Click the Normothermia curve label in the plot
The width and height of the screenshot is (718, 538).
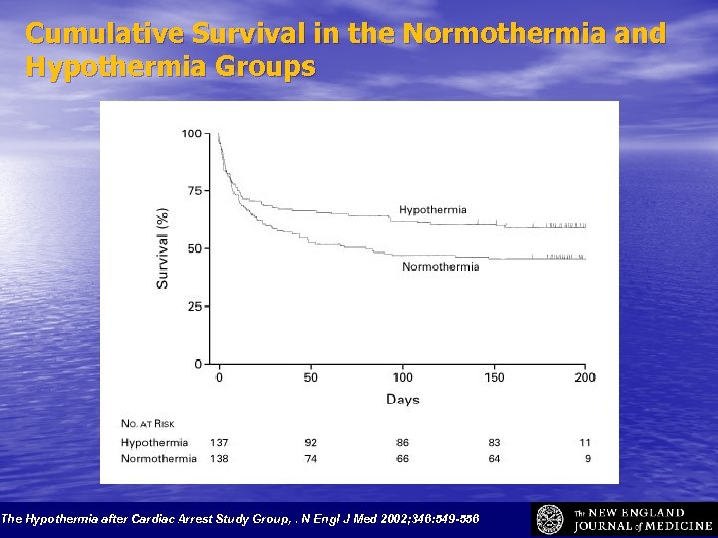point(440,266)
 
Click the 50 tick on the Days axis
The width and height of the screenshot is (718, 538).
point(311,377)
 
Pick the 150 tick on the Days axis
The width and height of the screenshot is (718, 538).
point(494,377)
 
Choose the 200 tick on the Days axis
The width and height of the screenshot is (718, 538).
point(585,377)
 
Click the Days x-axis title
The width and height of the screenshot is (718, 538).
point(403,400)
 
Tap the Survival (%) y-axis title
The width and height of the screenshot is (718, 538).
point(163,248)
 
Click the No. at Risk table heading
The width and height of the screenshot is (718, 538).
point(147,425)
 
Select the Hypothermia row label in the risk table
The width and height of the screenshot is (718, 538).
point(154,442)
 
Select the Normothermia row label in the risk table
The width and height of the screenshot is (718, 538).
point(159,459)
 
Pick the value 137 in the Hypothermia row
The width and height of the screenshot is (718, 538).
point(219,442)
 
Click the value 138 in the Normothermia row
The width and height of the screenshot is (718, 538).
point(219,459)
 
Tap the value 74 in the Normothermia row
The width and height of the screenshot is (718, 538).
point(310,459)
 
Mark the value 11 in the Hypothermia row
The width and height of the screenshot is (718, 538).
point(585,442)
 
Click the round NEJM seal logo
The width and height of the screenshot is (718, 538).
point(550,519)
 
